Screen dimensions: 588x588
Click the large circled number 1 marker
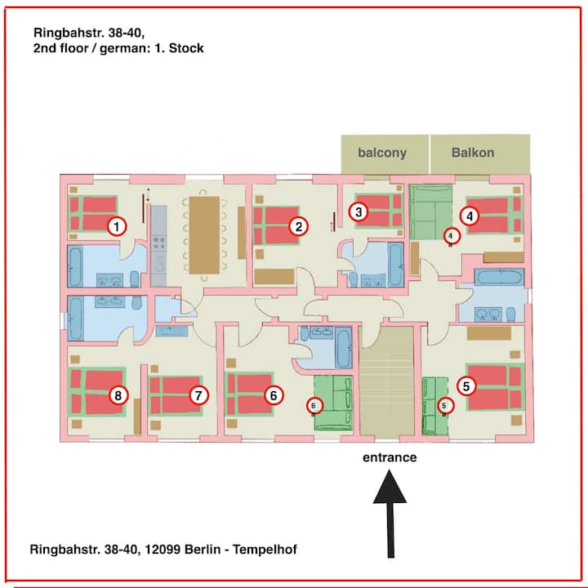tap(117, 226)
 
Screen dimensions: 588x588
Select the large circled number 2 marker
tap(299, 226)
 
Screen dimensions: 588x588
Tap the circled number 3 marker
tap(359, 212)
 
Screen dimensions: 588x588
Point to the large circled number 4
tap(470, 216)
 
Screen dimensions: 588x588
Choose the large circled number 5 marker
tap(466, 385)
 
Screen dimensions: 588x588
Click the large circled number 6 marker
tap(274, 395)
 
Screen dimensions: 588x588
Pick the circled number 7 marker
tap(198, 395)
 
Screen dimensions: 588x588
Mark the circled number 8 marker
tap(118, 395)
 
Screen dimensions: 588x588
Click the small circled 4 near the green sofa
tap(451, 236)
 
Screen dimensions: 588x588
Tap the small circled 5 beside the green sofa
tap(445, 405)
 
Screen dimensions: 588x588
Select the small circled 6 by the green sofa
tap(314, 405)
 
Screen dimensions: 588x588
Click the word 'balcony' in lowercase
tap(382, 153)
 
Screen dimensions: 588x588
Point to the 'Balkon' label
tap(473, 152)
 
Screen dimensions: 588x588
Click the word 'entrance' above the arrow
tap(390, 457)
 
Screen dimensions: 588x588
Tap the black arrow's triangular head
tap(390, 487)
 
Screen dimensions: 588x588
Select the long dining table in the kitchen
tap(204, 235)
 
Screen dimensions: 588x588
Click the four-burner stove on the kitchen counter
tap(159, 243)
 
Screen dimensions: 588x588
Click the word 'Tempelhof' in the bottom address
tap(265, 550)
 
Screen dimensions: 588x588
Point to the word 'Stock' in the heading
tap(186, 48)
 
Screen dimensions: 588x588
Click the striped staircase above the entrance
tap(386, 381)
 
